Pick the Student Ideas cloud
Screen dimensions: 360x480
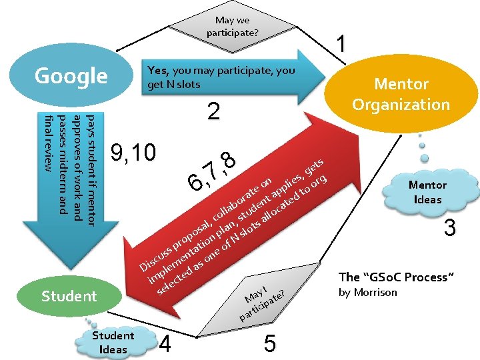tap(113, 341)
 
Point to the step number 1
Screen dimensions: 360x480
tap(341, 45)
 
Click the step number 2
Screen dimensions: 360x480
tap(213, 111)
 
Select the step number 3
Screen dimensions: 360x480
tap(450, 229)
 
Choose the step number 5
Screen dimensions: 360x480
tap(269, 343)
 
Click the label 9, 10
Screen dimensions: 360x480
tap(134, 153)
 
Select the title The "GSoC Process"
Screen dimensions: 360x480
tap(397, 277)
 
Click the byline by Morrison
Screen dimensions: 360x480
tap(367, 292)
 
